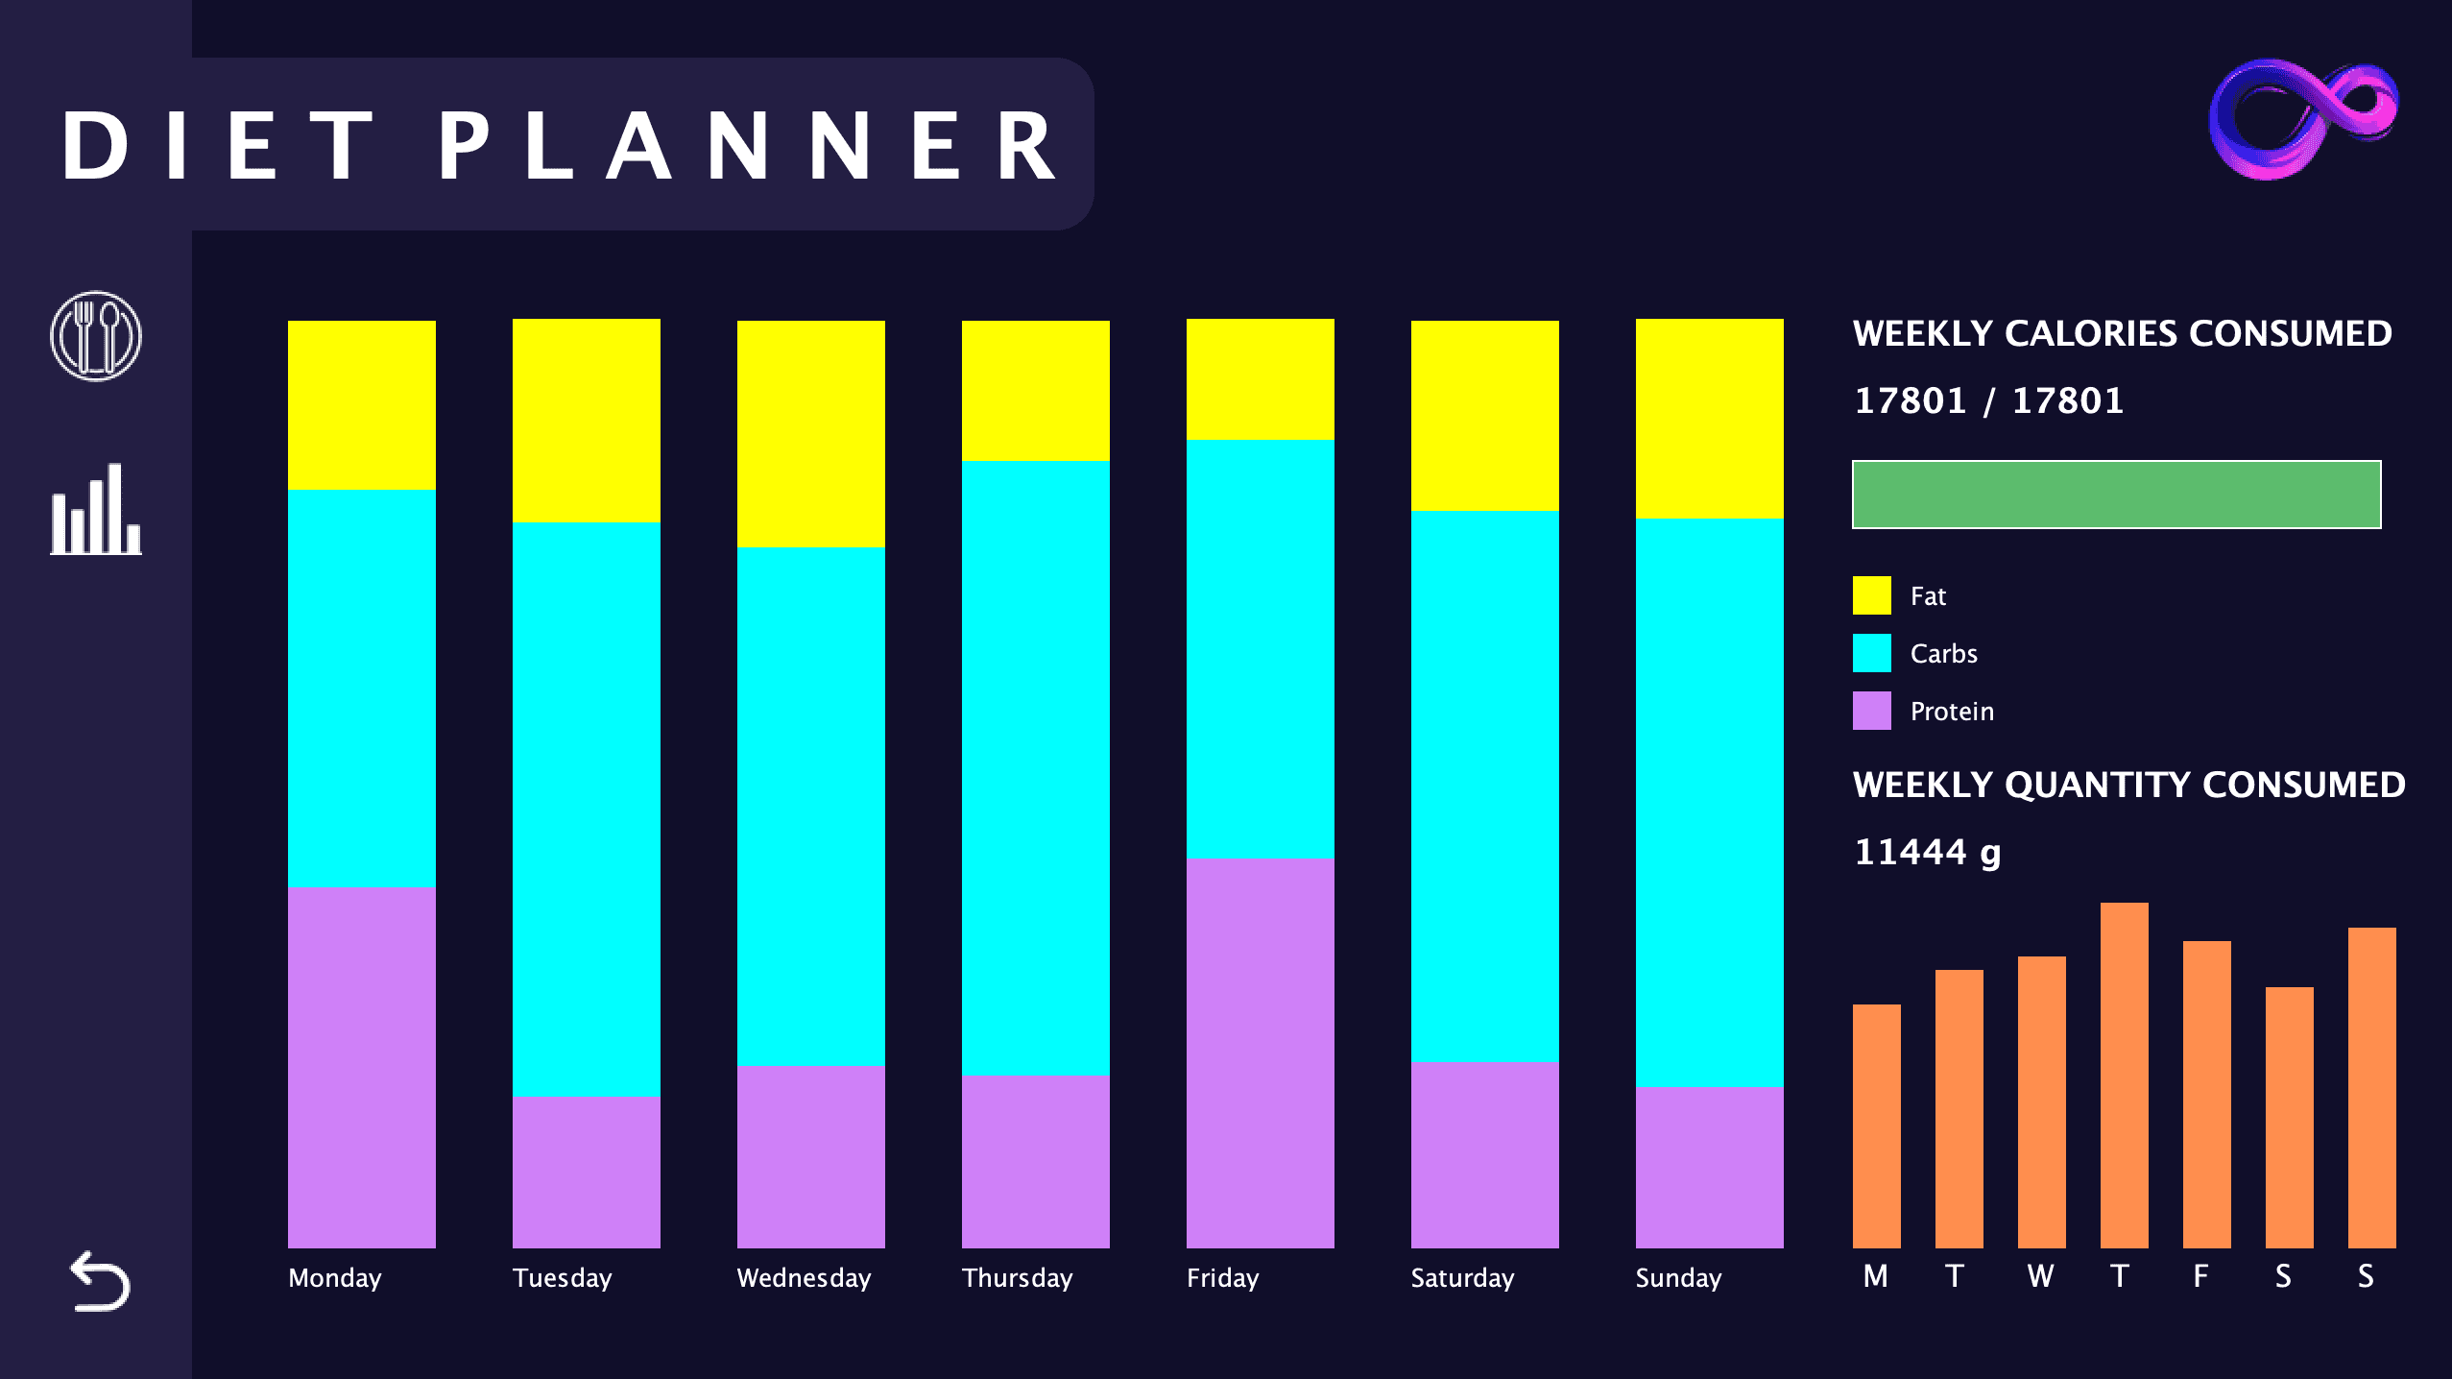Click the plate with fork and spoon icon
[x=96, y=336]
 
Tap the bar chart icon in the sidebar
[x=96, y=510]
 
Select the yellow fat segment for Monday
[x=362, y=405]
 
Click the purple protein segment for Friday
[x=1260, y=1052]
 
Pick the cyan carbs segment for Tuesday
[x=586, y=809]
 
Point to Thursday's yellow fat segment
[x=1035, y=391]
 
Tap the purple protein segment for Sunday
[x=1709, y=1167]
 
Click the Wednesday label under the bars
[x=804, y=1278]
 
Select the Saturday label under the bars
[x=1462, y=1278]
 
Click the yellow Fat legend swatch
[x=1871, y=595]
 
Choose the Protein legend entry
[x=1951, y=712]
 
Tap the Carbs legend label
[x=1943, y=654]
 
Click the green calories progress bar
[x=2116, y=495]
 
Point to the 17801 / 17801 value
[x=1987, y=401]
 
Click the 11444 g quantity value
[x=1927, y=853]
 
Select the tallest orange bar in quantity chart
[x=2124, y=1076]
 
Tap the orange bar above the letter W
[x=2041, y=1102]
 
